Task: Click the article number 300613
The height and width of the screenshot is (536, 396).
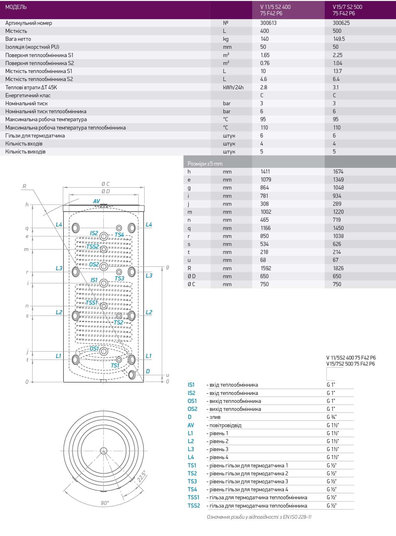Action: [268, 23]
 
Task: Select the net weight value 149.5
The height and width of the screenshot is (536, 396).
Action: [339, 39]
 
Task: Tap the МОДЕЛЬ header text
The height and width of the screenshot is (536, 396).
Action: [16, 7]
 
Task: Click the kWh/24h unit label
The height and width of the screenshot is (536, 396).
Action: [233, 87]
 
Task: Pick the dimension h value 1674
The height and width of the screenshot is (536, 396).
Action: [338, 172]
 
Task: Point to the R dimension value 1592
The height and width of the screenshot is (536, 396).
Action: [266, 268]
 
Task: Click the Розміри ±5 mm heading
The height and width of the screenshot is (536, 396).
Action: [205, 164]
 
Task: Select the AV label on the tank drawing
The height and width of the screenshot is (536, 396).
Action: [96, 201]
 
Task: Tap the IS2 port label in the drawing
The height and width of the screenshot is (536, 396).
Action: [94, 233]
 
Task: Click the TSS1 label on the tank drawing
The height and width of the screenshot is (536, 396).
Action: [92, 302]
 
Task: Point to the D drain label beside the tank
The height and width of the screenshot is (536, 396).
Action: [148, 371]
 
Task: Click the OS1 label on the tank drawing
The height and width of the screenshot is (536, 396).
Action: [94, 348]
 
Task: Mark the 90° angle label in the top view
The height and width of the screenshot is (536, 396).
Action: [105, 503]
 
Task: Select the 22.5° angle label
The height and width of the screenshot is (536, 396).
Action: [141, 476]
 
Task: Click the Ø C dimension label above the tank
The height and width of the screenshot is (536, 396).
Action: [105, 184]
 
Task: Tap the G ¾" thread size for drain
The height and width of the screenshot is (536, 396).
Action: [331, 417]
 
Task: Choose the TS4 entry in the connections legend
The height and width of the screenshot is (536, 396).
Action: [192, 489]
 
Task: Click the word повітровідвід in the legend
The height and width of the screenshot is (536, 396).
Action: [225, 425]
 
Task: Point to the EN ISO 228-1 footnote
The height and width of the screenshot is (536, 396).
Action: [259, 517]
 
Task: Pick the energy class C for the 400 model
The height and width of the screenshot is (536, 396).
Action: [262, 95]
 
